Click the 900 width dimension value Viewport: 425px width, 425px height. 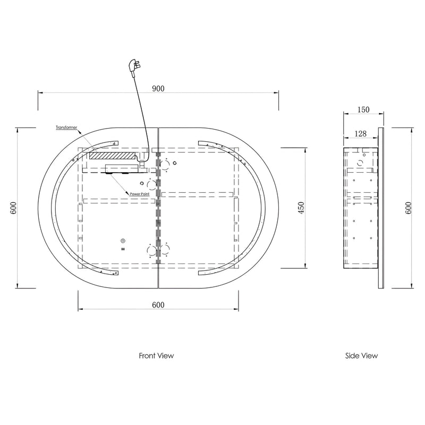pyautogui.click(x=158, y=89)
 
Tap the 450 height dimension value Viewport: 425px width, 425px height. pyautogui.click(x=301, y=208)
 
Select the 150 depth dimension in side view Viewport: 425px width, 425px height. pyautogui.click(x=363, y=109)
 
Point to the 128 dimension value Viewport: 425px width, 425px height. pyautogui.click(x=361, y=134)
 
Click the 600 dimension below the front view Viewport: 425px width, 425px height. pyautogui.click(x=158, y=305)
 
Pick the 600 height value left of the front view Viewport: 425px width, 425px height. pyautogui.click(x=14, y=208)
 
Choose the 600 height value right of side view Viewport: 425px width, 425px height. pyautogui.click(x=408, y=208)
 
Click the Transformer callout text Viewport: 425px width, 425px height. pyautogui.click(x=66, y=127)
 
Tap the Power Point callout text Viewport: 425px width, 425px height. pyautogui.click(x=140, y=194)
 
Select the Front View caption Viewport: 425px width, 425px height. pyautogui.click(x=156, y=355)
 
